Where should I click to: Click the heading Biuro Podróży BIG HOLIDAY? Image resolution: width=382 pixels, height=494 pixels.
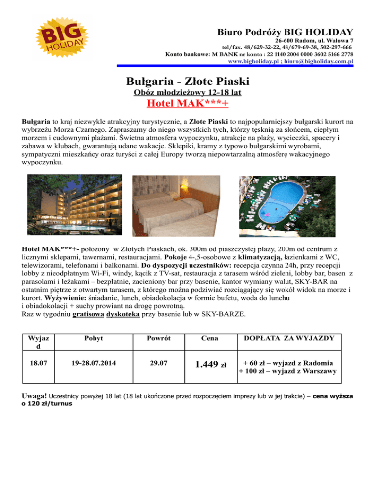pyautogui.click(x=285, y=31)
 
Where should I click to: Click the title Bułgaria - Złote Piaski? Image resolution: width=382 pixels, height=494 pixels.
pyautogui.click(x=188, y=81)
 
